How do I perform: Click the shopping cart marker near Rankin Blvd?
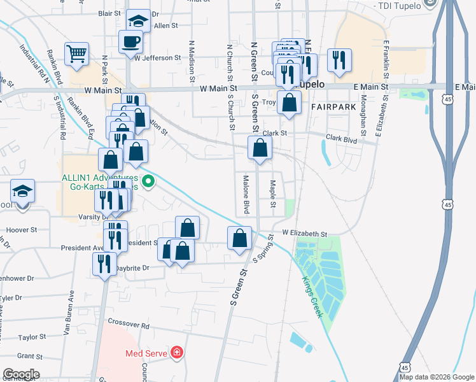click(x=76, y=53)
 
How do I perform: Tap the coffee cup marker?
click(x=130, y=41)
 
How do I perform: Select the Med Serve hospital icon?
click(x=176, y=352)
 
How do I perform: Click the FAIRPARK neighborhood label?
click(x=333, y=107)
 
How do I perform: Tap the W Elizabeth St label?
click(x=304, y=234)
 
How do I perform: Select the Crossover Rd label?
click(x=128, y=325)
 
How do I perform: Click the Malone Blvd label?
click(x=246, y=195)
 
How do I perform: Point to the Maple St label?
click(x=272, y=194)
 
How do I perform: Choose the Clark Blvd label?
click(x=343, y=138)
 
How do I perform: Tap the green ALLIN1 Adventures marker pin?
click(x=148, y=182)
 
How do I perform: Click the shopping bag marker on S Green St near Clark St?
click(x=260, y=148)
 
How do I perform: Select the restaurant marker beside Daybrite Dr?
click(x=102, y=264)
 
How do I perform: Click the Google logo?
click(x=21, y=374)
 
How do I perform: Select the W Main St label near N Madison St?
click(x=218, y=89)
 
